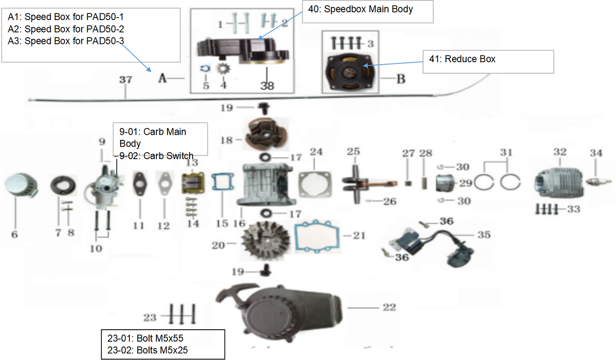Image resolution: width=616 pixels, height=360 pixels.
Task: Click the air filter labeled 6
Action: click(x=21, y=186)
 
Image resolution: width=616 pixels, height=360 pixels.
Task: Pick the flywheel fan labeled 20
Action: click(x=265, y=240)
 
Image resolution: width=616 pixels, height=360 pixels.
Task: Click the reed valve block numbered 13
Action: click(x=193, y=183)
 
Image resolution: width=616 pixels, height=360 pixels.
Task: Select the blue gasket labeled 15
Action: click(x=223, y=182)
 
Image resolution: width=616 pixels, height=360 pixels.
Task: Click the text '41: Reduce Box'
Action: click(x=462, y=59)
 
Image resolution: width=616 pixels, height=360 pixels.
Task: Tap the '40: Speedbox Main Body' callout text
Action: click(x=360, y=9)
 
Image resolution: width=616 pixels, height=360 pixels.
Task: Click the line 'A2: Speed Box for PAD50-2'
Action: click(x=66, y=29)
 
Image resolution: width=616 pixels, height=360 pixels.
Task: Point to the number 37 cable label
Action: click(x=125, y=80)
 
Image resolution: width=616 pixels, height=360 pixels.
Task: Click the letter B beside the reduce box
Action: click(x=401, y=79)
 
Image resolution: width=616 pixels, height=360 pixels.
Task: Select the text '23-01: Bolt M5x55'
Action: click(x=145, y=338)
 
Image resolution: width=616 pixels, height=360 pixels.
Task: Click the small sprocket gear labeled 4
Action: click(x=223, y=69)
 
